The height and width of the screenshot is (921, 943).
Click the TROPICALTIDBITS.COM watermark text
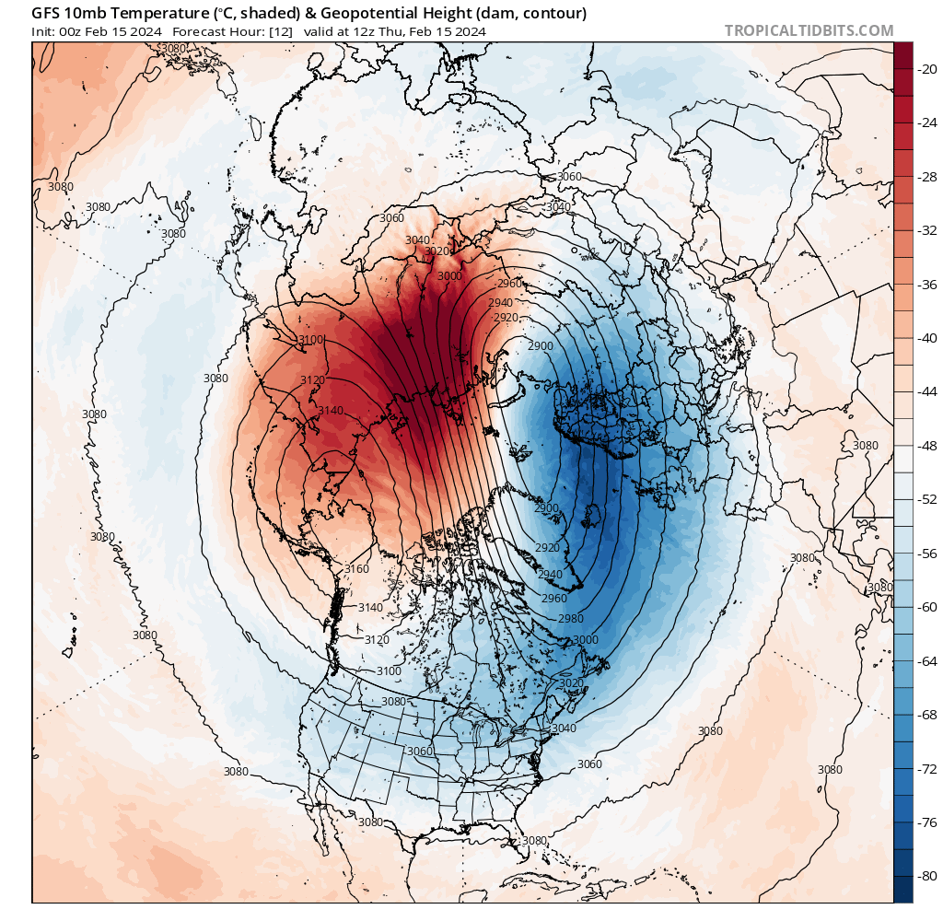pos(809,30)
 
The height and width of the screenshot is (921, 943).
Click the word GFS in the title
pos(47,13)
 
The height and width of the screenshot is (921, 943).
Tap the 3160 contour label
pos(355,568)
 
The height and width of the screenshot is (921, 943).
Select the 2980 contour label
pos(571,618)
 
